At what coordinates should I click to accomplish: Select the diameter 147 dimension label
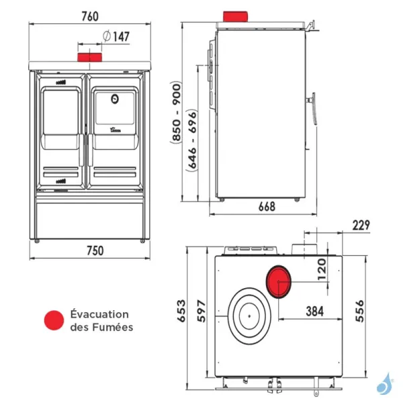click(x=117, y=36)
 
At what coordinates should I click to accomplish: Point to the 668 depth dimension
click(x=267, y=207)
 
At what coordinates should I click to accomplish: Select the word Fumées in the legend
click(x=113, y=327)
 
